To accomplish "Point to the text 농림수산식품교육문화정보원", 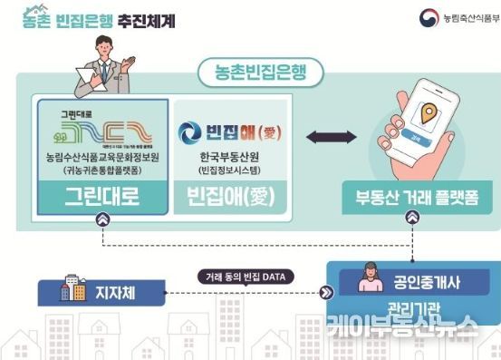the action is coord(100,156).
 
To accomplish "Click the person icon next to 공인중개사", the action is coord(372,279).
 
